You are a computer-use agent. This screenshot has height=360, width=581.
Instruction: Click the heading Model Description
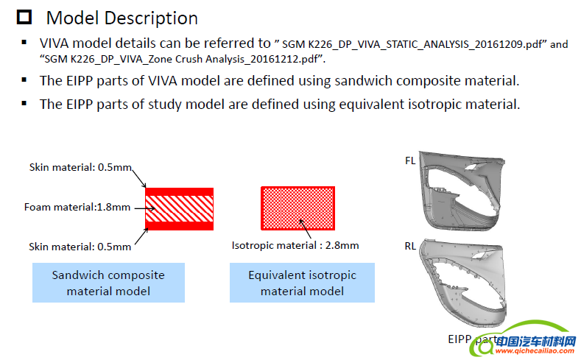tap(122, 18)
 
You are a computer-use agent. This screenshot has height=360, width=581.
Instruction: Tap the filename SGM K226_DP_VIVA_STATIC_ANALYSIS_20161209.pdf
tap(412, 44)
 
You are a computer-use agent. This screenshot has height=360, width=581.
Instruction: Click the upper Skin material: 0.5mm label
tap(80, 168)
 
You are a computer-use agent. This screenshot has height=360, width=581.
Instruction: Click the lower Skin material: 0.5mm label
tap(80, 246)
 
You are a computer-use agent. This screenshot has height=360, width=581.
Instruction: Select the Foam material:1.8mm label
tap(77, 207)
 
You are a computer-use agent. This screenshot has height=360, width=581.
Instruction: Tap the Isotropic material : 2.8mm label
tap(295, 245)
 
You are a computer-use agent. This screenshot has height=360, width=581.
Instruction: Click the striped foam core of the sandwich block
tap(179, 208)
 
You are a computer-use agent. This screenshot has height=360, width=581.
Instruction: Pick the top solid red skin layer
tap(179, 191)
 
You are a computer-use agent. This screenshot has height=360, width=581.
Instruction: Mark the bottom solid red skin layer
tap(179, 226)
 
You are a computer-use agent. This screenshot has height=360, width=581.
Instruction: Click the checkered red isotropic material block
tap(298, 208)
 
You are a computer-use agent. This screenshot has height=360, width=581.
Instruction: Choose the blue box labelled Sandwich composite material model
tap(108, 283)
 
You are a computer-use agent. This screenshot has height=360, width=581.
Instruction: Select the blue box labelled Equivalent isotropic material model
tap(302, 283)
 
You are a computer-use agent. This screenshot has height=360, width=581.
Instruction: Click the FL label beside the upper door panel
tap(410, 160)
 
